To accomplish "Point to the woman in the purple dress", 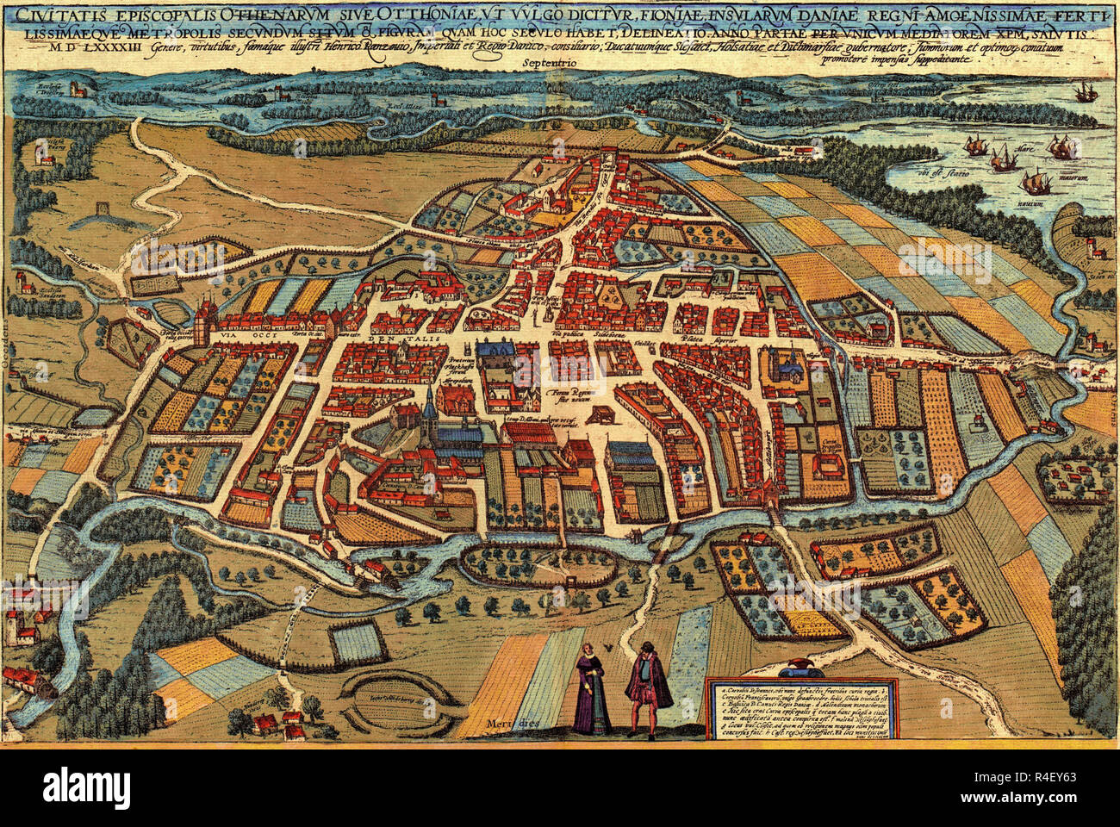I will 594,689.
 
